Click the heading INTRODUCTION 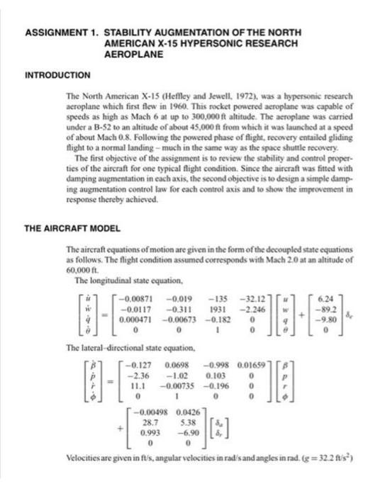(x=57, y=74)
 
